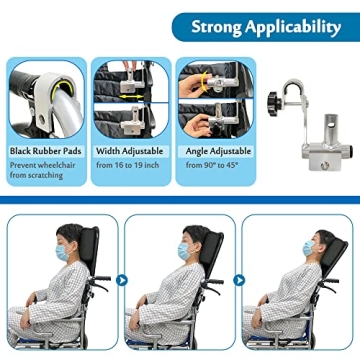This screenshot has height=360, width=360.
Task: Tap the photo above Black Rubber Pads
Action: (x=47, y=99)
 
